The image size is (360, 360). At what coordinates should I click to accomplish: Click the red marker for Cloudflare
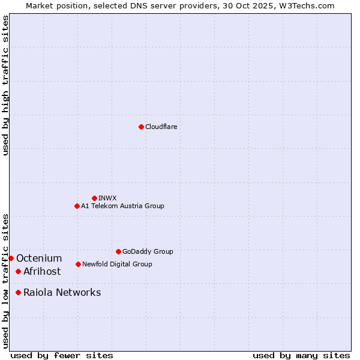[141, 127]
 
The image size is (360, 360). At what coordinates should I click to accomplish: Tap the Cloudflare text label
[161, 127]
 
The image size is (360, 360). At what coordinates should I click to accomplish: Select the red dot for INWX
[94, 198]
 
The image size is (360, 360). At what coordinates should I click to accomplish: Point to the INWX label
[107, 198]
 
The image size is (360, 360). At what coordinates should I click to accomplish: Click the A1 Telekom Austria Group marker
[77, 206]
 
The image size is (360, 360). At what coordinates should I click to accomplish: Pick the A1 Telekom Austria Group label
[122, 206]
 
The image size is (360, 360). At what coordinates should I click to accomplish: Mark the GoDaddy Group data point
[118, 251]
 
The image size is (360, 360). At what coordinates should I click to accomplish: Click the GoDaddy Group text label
[148, 251]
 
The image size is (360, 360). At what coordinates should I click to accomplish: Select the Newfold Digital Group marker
[78, 264]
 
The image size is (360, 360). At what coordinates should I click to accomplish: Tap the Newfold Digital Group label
[117, 264]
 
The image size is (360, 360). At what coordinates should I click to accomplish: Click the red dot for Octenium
[11, 258]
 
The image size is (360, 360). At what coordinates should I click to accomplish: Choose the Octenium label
[39, 259]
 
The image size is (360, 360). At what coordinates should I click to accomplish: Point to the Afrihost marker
[18, 271]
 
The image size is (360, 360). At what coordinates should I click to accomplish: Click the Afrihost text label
[42, 272]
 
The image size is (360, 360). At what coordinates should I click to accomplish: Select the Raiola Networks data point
[18, 292]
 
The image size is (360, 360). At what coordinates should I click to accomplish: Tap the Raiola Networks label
[62, 293]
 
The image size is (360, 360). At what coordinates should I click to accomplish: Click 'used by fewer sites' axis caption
[62, 355]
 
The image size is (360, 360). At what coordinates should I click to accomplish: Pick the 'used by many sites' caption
[301, 355]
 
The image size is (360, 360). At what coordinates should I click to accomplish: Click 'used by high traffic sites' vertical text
[5, 85]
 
